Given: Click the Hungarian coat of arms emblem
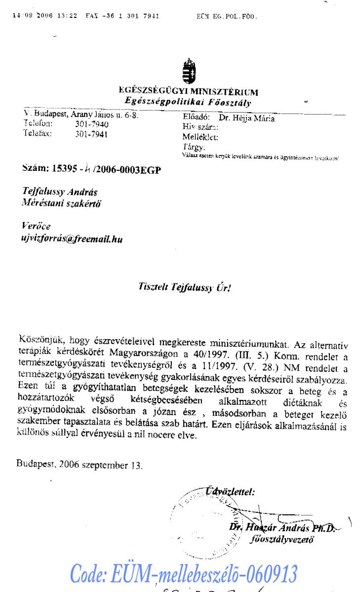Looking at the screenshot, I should [188, 71].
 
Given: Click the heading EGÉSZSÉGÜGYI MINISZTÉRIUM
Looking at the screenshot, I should [188, 92].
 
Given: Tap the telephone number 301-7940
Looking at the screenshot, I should [92, 124].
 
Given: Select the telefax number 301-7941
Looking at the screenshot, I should [92, 134].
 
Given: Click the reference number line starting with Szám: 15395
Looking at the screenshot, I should [92, 168].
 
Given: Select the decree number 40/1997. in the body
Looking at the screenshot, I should [210, 353].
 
